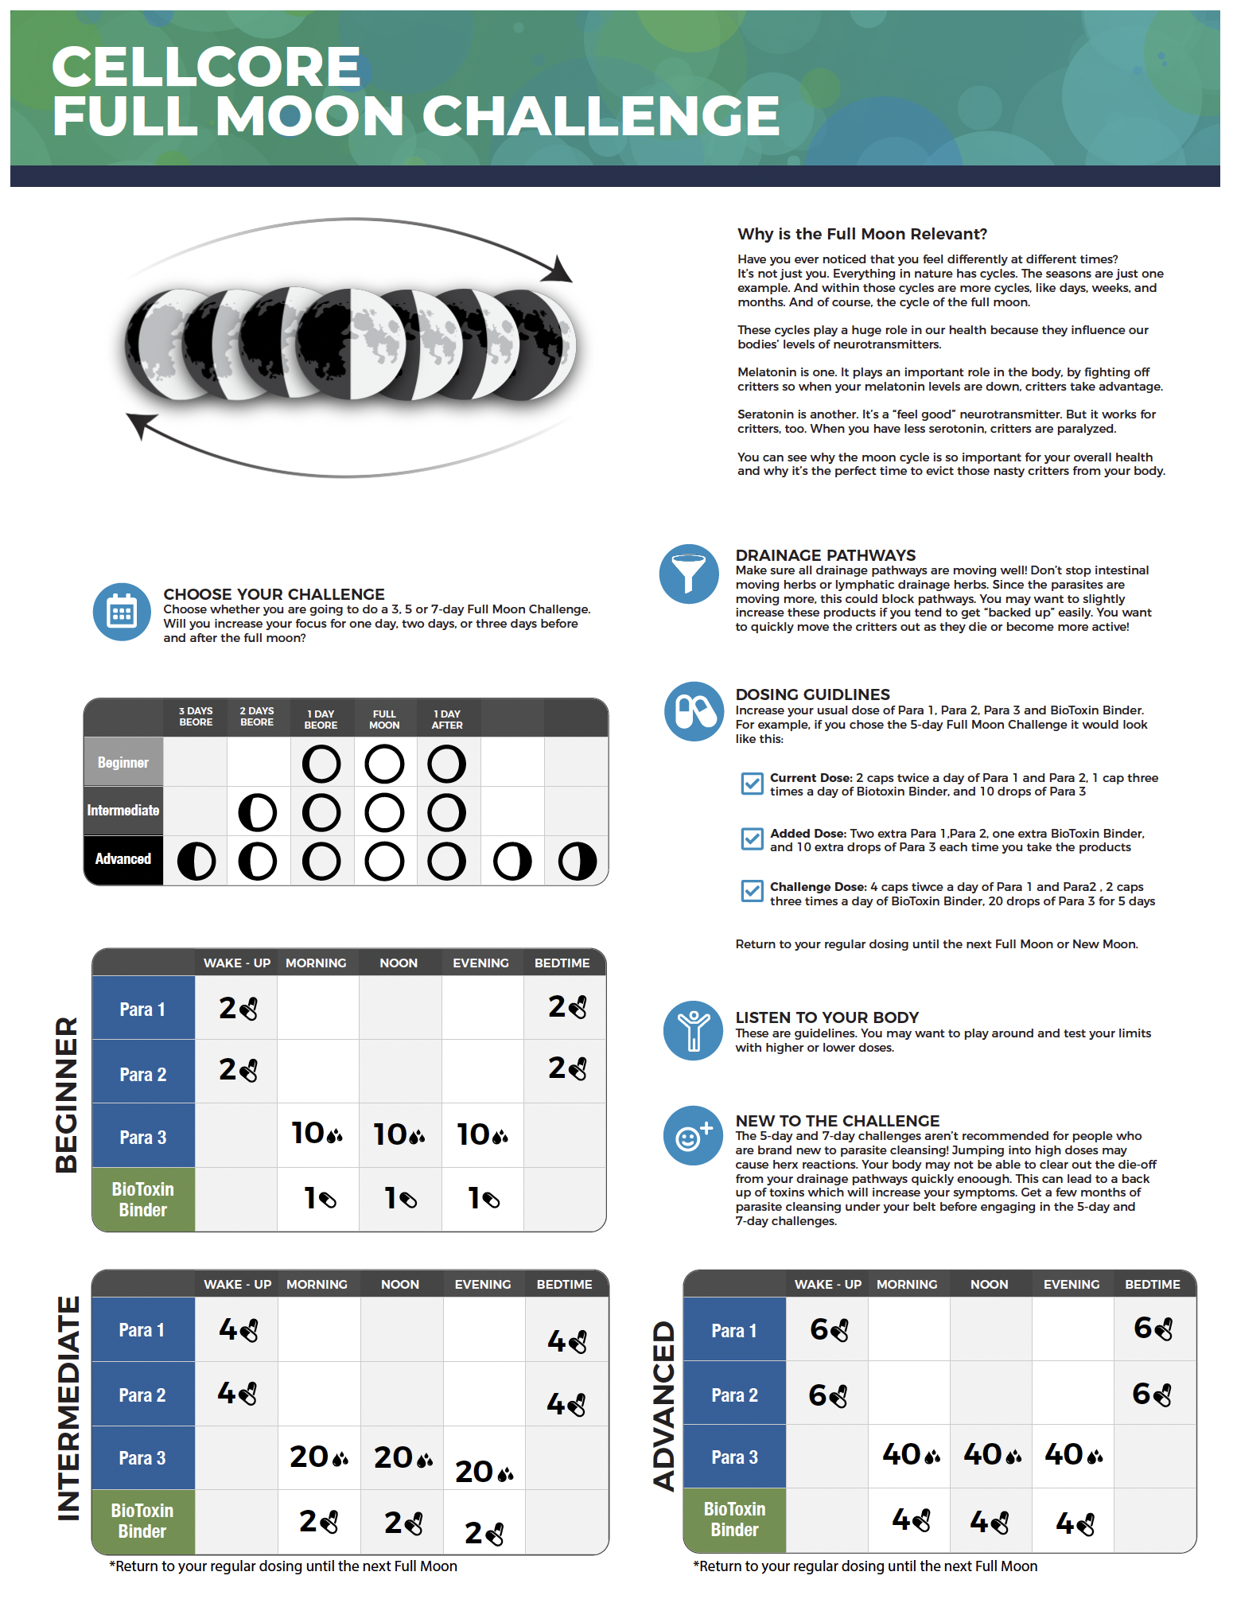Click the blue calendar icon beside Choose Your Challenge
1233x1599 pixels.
pos(122,612)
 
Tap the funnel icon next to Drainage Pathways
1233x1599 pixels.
pos(689,574)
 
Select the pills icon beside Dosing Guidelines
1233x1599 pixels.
pos(694,711)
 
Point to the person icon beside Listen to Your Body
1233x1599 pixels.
pos(694,1030)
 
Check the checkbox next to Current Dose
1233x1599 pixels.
pos(751,784)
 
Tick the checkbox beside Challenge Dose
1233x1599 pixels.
pos(751,891)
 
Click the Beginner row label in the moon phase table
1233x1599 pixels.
pos(123,762)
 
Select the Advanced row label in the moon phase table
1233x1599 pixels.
pos(123,859)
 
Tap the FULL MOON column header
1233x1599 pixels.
pos(384,719)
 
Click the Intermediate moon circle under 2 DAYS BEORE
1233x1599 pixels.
pos(258,812)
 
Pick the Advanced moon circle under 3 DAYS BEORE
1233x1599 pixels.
pos(196,861)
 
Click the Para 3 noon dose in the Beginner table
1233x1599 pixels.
pos(399,1134)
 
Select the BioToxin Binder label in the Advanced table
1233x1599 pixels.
pos(734,1519)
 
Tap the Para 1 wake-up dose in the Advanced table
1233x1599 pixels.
pos(829,1329)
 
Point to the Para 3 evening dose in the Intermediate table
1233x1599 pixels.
pos(484,1472)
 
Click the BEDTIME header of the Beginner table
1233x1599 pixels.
pos(562,963)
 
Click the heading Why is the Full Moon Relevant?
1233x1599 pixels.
pos(862,234)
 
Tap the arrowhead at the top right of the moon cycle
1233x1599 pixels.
pos(558,269)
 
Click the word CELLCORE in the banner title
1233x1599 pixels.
pos(207,66)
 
